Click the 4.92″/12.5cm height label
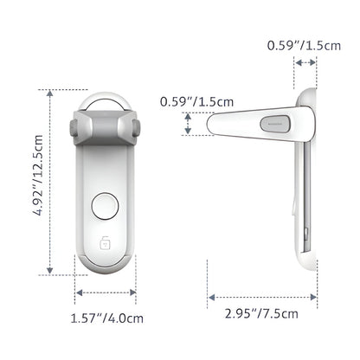(x=38, y=175)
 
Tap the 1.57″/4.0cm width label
(x=107, y=318)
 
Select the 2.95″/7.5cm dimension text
(x=261, y=313)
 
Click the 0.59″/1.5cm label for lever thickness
(x=196, y=102)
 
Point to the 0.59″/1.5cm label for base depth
(x=304, y=46)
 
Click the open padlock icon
(x=105, y=242)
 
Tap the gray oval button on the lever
(x=274, y=123)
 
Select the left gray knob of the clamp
(x=74, y=127)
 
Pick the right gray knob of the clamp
(x=136, y=127)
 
